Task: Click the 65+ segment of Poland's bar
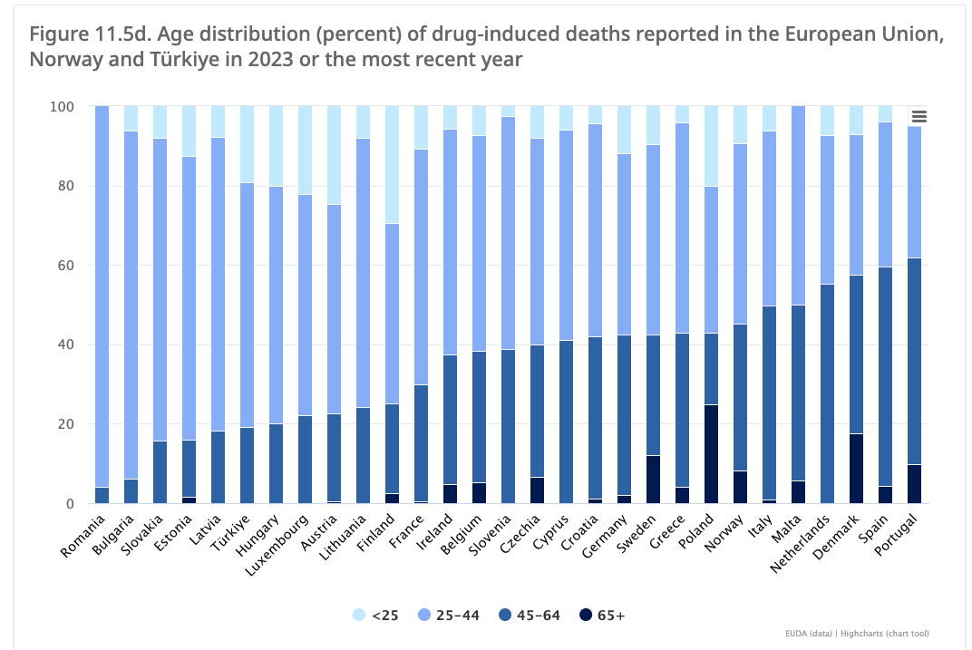711,454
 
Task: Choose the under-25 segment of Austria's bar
334,155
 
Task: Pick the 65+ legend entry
603,616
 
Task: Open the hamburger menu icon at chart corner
919,116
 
